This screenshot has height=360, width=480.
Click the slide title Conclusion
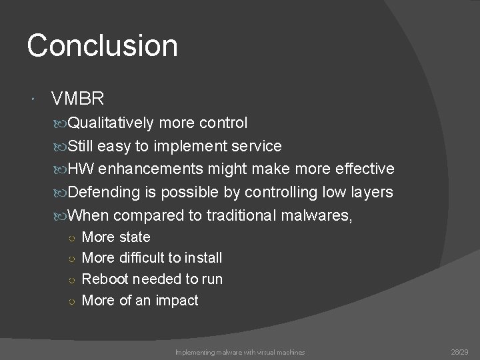point(103,46)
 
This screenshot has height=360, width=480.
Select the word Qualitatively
point(119,123)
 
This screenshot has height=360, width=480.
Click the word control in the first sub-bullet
point(223,123)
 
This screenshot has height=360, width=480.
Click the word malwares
point(313,216)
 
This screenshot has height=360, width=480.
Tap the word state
point(135,237)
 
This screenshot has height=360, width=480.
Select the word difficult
point(143,258)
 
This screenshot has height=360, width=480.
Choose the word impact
point(177,301)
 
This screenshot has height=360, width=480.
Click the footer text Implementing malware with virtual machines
point(240,351)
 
